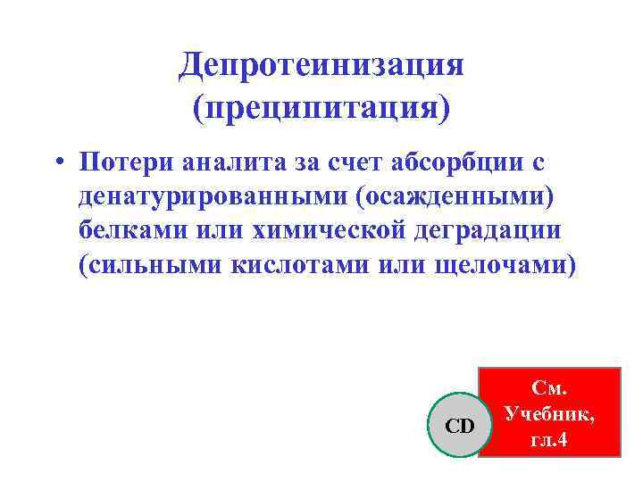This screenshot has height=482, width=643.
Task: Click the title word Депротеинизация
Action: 321,64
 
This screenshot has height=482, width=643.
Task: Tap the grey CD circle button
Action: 459,426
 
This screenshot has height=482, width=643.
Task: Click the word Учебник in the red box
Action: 549,414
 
